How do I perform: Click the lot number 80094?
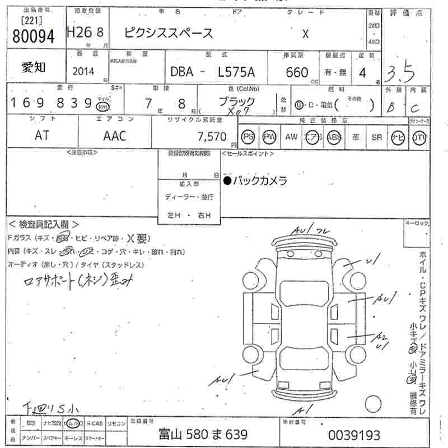pos(34,36)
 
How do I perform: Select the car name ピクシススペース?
pos(169,32)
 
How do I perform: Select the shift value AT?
pos(42,136)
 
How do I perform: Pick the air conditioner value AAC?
pos(115,136)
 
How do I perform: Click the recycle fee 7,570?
pos(211,136)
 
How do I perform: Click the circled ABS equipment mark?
pos(334,137)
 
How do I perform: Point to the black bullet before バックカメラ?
pos(227,180)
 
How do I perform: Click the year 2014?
pos(83,72)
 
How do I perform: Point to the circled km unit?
pos(102,106)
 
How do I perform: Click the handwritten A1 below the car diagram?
pos(306,408)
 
